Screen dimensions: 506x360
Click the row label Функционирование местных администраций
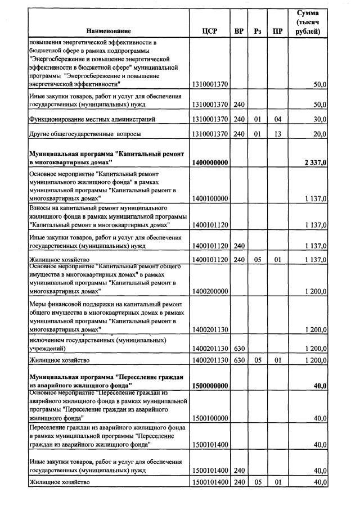pyautogui.click(x=84, y=119)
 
